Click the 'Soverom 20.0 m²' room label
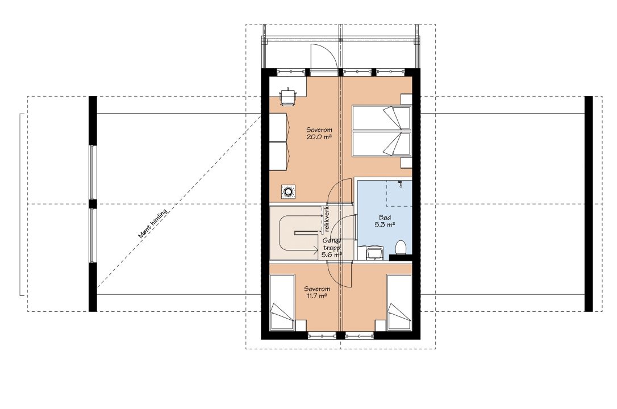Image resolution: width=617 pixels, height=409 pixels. [x=319, y=133]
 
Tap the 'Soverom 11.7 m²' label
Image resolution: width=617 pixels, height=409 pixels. [x=316, y=291]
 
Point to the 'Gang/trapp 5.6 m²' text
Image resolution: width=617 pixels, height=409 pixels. [x=332, y=247]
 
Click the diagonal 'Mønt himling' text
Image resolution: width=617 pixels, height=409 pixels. [x=153, y=223]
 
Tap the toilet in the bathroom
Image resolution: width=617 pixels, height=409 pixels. [x=401, y=248]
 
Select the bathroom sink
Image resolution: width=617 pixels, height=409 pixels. [x=372, y=252]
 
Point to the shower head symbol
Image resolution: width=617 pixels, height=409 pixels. [x=399, y=183]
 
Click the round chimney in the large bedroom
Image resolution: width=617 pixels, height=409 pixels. [x=289, y=192]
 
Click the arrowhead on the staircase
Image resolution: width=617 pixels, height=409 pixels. [x=315, y=249]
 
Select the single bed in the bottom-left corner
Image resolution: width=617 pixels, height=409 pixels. [x=282, y=303]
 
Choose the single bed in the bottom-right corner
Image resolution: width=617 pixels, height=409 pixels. [x=399, y=303]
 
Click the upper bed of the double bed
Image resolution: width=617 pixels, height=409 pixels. [x=381, y=118]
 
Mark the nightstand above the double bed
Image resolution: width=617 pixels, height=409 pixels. [x=406, y=99]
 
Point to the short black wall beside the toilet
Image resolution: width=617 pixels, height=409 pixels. [x=400, y=257]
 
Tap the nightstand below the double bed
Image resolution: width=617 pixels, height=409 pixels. [x=406, y=163]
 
